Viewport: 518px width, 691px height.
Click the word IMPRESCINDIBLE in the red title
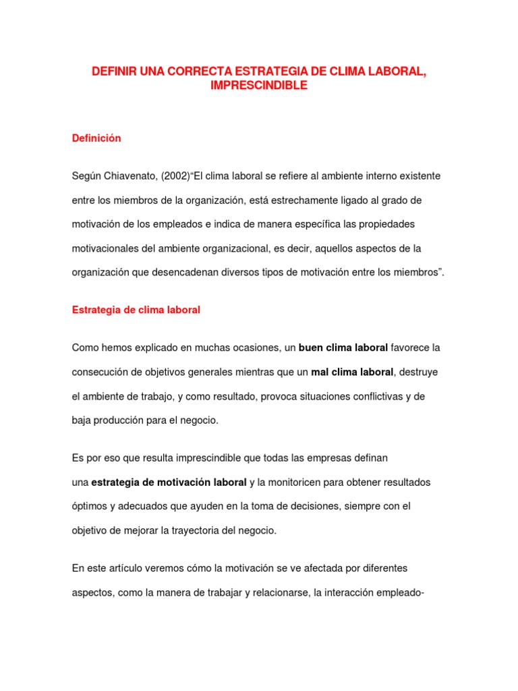point(259,86)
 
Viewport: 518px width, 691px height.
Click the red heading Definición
point(96,138)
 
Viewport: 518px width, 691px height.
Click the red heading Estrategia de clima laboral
point(136,310)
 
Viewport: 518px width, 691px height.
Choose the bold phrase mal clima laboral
point(353,372)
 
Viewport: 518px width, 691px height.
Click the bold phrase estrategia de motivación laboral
point(169,482)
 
